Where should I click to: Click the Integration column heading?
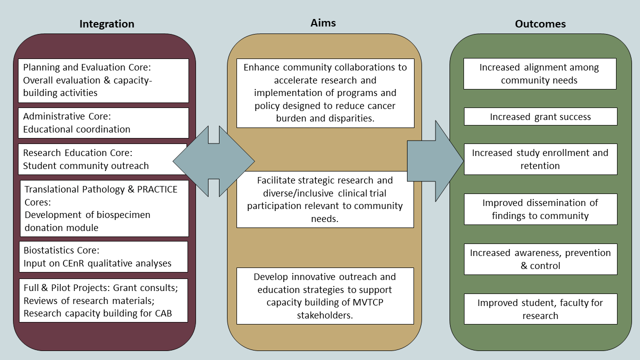pyautogui.click(x=106, y=24)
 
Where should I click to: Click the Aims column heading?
pyautogui.click(x=323, y=22)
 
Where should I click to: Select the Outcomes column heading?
pyautogui.click(x=540, y=24)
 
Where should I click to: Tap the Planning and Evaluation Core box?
pyautogui.click(x=103, y=80)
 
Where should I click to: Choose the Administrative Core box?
pyautogui.click(x=103, y=123)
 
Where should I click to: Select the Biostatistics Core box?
pyautogui.click(x=103, y=257)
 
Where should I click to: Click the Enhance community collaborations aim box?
pyautogui.click(x=325, y=93)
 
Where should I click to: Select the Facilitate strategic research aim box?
pyautogui.click(x=325, y=199)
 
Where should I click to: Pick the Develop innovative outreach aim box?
pyautogui.click(x=325, y=296)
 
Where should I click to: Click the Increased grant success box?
pyautogui.click(x=540, y=117)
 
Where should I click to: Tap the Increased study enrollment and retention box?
pyautogui.click(x=540, y=159)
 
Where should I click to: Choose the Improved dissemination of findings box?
pyautogui.click(x=540, y=209)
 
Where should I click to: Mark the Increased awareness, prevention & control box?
pyautogui.click(x=540, y=259)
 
